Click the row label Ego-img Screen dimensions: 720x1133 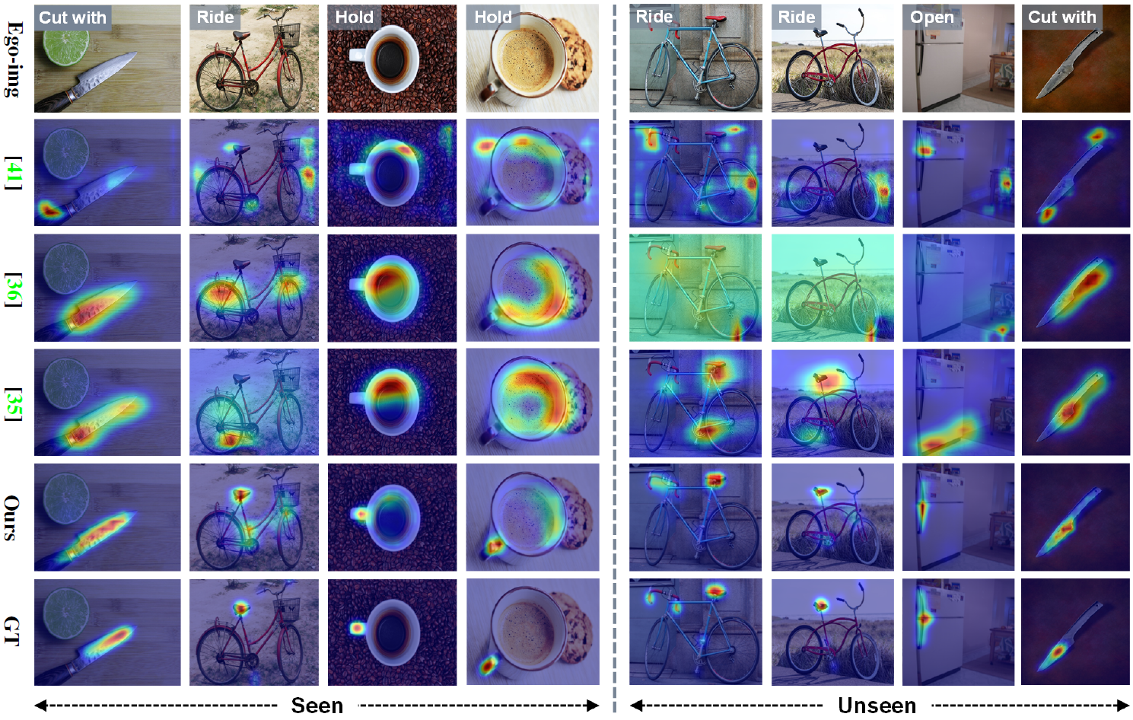(x=12, y=59)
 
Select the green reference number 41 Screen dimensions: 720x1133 (x=13, y=173)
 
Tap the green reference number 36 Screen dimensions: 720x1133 (x=13, y=288)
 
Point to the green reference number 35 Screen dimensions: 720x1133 (x=13, y=403)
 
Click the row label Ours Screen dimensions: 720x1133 (x=12, y=518)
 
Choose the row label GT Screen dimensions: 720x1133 (x=12, y=632)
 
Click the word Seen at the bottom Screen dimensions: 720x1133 (x=317, y=706)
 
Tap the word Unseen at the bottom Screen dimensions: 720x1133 (x=877, y=706)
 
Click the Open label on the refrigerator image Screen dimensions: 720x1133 (x=931, y=17)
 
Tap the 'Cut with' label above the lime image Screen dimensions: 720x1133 (x=72, y=18)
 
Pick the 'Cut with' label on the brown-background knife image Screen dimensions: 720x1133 (x=1061, y=17)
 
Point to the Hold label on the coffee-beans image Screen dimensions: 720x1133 (x=354, y=17)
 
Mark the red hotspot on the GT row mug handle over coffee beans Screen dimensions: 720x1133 (x=357, y=629)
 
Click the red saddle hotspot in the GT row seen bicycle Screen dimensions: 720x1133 (x=241, y=608)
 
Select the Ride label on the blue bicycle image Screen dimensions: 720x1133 (x=654, y=17)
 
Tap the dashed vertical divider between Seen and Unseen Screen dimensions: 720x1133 (x=614, y=358)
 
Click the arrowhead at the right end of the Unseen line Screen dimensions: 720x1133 (x=1124, y=706)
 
